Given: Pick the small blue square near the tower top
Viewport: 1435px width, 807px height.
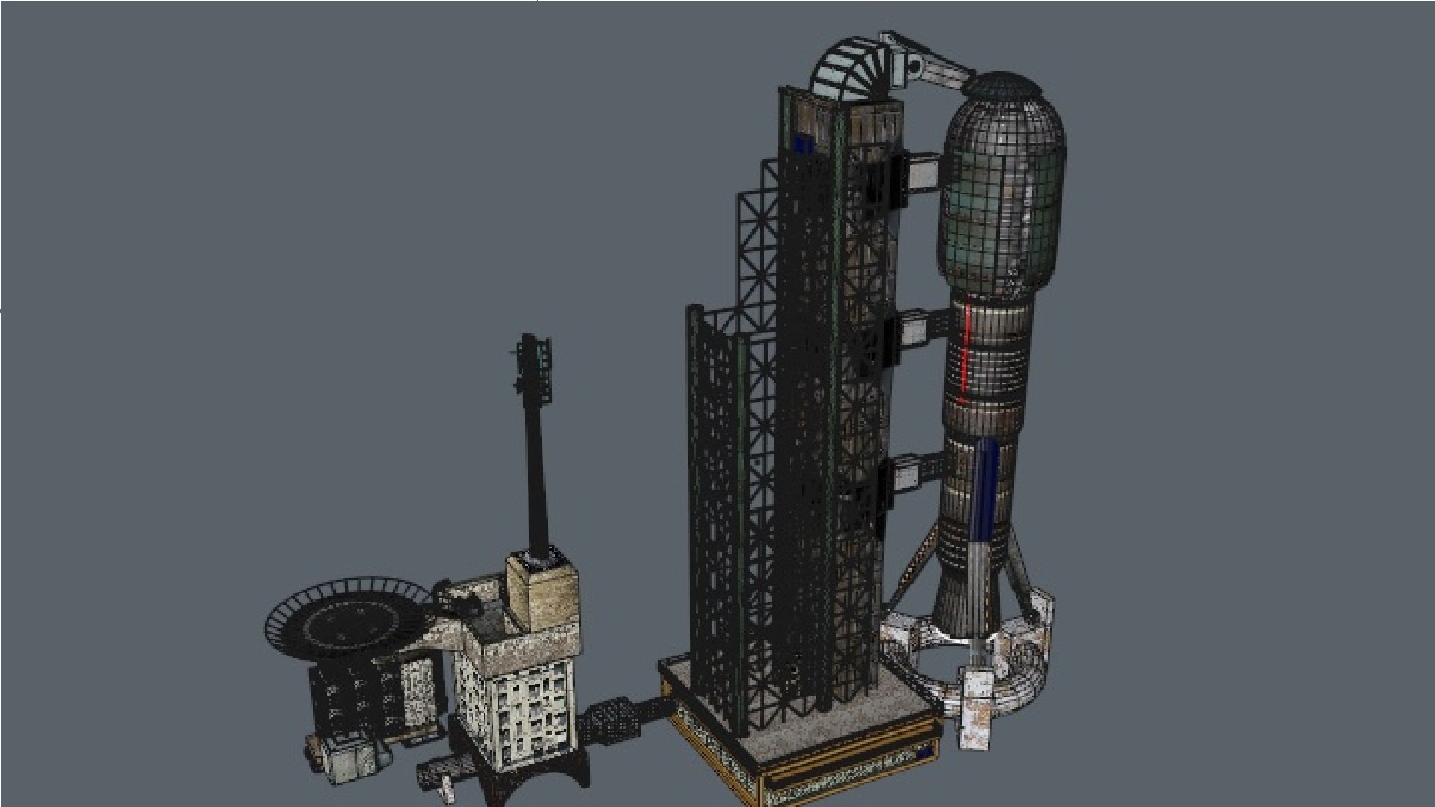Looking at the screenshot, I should coord(803,143).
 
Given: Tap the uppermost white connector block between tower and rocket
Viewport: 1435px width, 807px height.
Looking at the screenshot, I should coord(922,172).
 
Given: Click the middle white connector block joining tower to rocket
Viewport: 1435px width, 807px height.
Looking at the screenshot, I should coord(914,329).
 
